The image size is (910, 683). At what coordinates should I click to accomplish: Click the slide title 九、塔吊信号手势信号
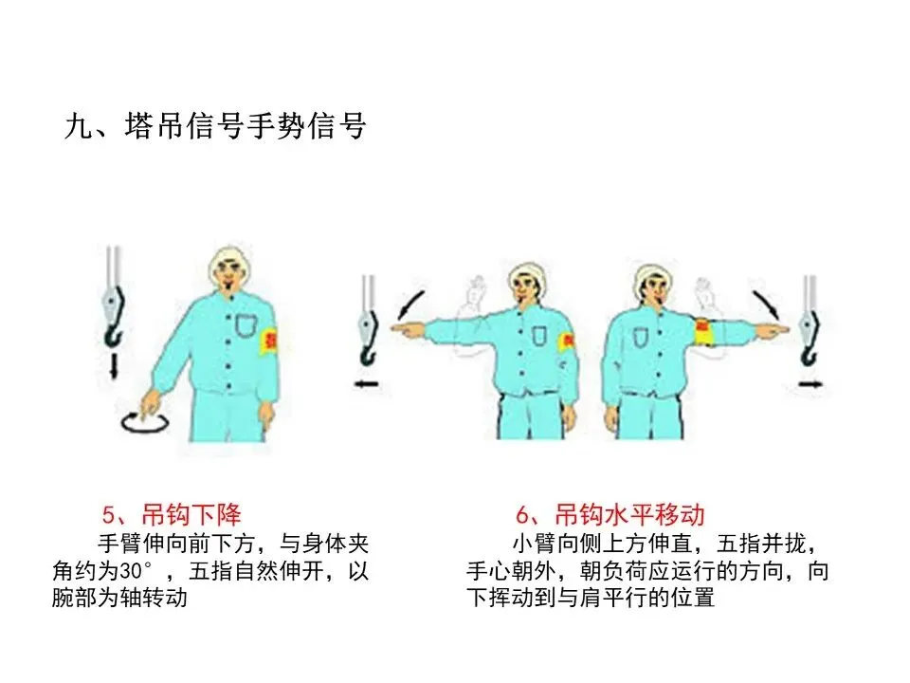click(x=215, y=126)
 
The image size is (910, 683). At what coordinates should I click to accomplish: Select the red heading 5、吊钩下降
click(x=172, y=514)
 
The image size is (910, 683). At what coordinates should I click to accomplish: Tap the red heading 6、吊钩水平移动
click(x=610, y=514)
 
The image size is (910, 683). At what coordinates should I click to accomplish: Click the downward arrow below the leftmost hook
click(x=115, y=365)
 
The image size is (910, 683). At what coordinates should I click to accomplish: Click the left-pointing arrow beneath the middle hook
click(x=366, y=384)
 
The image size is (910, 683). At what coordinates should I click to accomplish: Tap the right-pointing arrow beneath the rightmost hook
click(x=810, y=384)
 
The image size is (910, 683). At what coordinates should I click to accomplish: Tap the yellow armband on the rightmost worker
click(x=704, y=332)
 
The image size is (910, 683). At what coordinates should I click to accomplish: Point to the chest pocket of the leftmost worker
click(x=246, y=325)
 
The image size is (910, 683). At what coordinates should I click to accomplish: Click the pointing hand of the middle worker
click(x=408, y=329)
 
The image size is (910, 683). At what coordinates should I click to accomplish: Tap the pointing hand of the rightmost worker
click(x=773, y=330)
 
